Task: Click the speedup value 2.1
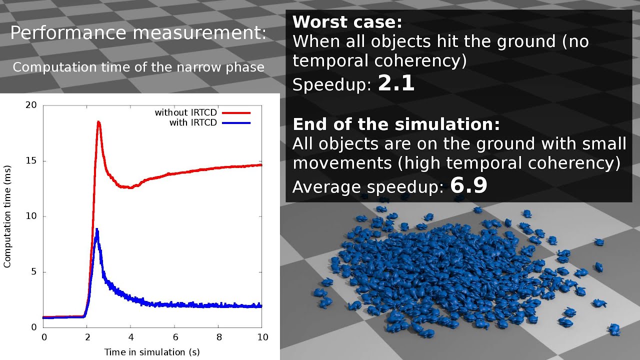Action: (396, 83)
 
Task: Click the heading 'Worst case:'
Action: (347, 22)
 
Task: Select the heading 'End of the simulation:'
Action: (396, 124)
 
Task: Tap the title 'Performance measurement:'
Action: (138, 33)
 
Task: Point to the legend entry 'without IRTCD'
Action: (185, 113)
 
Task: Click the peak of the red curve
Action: (98, 122)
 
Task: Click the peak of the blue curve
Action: (96, 230)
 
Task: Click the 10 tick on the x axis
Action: (261, 337)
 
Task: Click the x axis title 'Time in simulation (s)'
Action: (152, 352)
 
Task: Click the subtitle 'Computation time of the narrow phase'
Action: (138, 67)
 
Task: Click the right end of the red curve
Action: (260, 164)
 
